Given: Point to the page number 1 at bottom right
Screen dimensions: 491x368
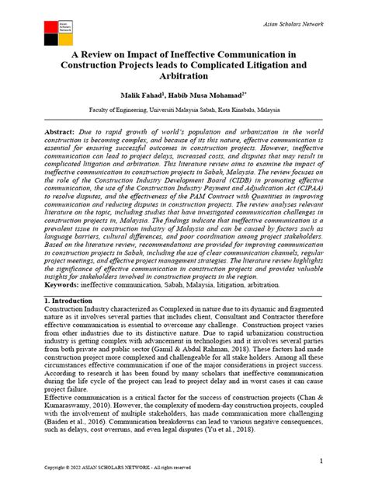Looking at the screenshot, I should [x=321, y=460].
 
